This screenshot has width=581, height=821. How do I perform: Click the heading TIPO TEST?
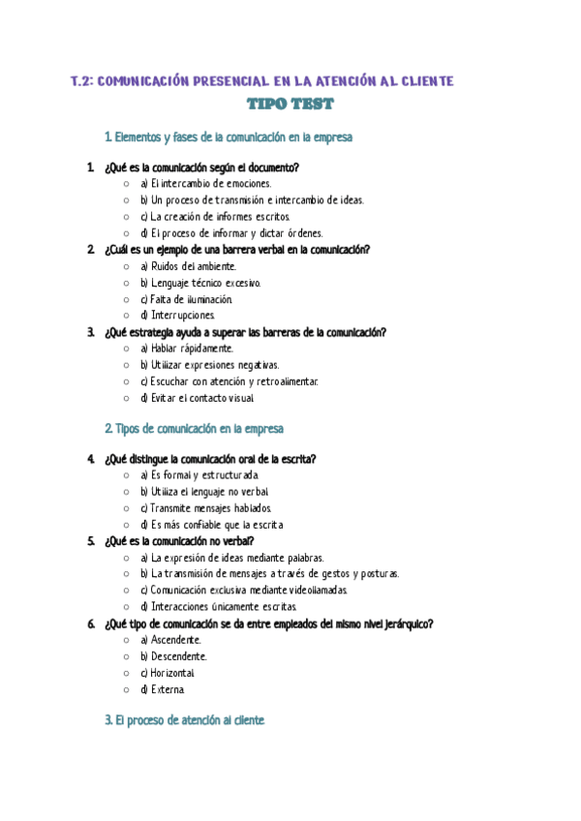click(x=290, y=104)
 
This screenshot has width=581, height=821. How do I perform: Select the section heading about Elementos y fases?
click(x=228, y=137)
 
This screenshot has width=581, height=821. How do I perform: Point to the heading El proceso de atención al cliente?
click(x=184, y=721)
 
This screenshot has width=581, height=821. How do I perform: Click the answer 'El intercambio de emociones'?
click(x=205, y=183)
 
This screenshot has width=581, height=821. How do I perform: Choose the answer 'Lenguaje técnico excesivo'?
click(x=200, y=283)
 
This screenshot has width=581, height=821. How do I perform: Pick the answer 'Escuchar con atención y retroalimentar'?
click(x=229, y=381)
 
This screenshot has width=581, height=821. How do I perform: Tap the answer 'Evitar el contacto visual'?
click(x=198, y=398)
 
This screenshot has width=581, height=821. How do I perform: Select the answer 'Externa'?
click(x=162, y=689)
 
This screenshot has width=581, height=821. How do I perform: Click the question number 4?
click(x=90, y=459)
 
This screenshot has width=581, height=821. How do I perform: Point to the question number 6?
click(x=90, y=623)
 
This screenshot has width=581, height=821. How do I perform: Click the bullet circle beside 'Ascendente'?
click(x=126, y=640)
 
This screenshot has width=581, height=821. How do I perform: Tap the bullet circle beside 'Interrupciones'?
click(x=126, y=316)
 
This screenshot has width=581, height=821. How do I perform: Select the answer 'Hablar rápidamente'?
click(x=186, y=349)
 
